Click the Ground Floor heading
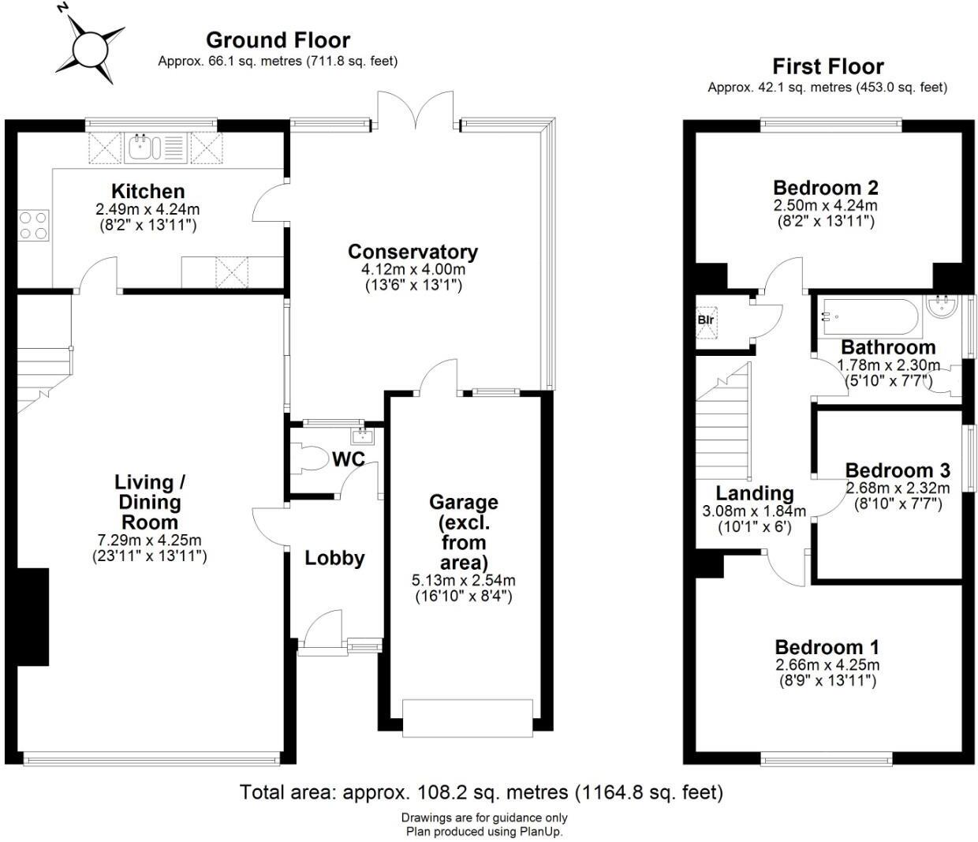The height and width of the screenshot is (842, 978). click(x=278, y=39)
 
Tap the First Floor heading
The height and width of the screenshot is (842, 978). click(x=827, y=66)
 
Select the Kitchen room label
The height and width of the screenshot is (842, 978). click(x=147, y=191)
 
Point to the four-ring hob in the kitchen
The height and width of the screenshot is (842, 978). click(x=33, y=224)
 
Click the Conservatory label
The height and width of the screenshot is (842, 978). click(x=412, y=252)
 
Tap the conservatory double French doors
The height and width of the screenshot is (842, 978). click(x=416, y=110)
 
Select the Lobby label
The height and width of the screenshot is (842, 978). click(x=334, y=558)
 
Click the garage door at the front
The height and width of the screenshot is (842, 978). click(x=463, y=717)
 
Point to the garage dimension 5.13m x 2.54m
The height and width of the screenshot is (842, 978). click(x=463, y=581)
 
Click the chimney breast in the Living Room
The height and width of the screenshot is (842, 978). click(x=33, y=617)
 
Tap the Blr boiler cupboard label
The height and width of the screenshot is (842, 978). click(x=705, y=320)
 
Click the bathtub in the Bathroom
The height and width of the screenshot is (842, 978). click(x=868, y=317)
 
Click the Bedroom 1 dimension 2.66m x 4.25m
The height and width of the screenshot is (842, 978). click(x=827, y=664)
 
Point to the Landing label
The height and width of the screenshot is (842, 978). click(x=754, y=494)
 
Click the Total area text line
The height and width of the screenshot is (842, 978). click(x=481, y=791)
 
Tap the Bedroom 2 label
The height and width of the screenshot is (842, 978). click(x=825, y=188)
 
